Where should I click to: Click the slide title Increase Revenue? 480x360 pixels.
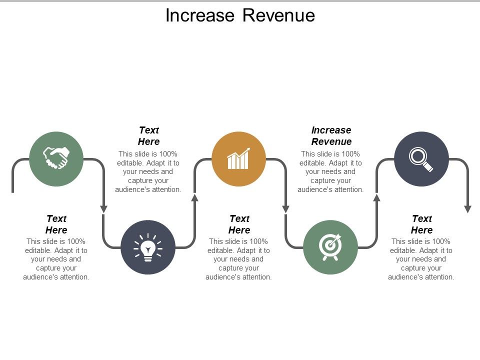click(x=240, y=15)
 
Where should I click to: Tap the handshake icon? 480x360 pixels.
click(x=56, y=158)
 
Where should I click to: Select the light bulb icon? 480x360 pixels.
click(x=148, y=247)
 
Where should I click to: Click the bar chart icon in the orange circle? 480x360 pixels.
click(x=238, y=158)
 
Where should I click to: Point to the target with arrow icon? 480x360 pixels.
click(x=330, y=246)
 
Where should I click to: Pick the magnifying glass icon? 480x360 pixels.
click(x=421, y=158)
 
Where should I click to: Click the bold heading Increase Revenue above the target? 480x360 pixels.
click(x=331, y=135)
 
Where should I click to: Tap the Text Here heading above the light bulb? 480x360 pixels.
click(x=148, y=135)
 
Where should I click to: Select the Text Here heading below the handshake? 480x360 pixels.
click(x=56, y=224)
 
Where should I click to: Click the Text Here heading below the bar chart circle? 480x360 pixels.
click(x=239, y=224)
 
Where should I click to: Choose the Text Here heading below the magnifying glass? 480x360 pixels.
click(x=421, y=224)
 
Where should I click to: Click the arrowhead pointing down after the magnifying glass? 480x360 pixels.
click(x=467, y=208)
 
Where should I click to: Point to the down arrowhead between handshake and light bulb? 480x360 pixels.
click(x=103, y=208)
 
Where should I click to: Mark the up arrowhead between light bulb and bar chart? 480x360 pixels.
click(x=195, y=197)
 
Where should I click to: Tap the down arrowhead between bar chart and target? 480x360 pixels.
click(x=286, y=208)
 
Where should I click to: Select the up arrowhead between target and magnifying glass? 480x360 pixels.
click(x=377, y=197)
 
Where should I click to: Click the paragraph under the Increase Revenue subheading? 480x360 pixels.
click(x=330, y=171)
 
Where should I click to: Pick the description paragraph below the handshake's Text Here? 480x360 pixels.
click(x=56, y=259)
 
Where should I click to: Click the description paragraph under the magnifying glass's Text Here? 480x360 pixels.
click(x=421, y=259)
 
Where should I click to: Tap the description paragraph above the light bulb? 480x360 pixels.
click(x=148, y=171)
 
